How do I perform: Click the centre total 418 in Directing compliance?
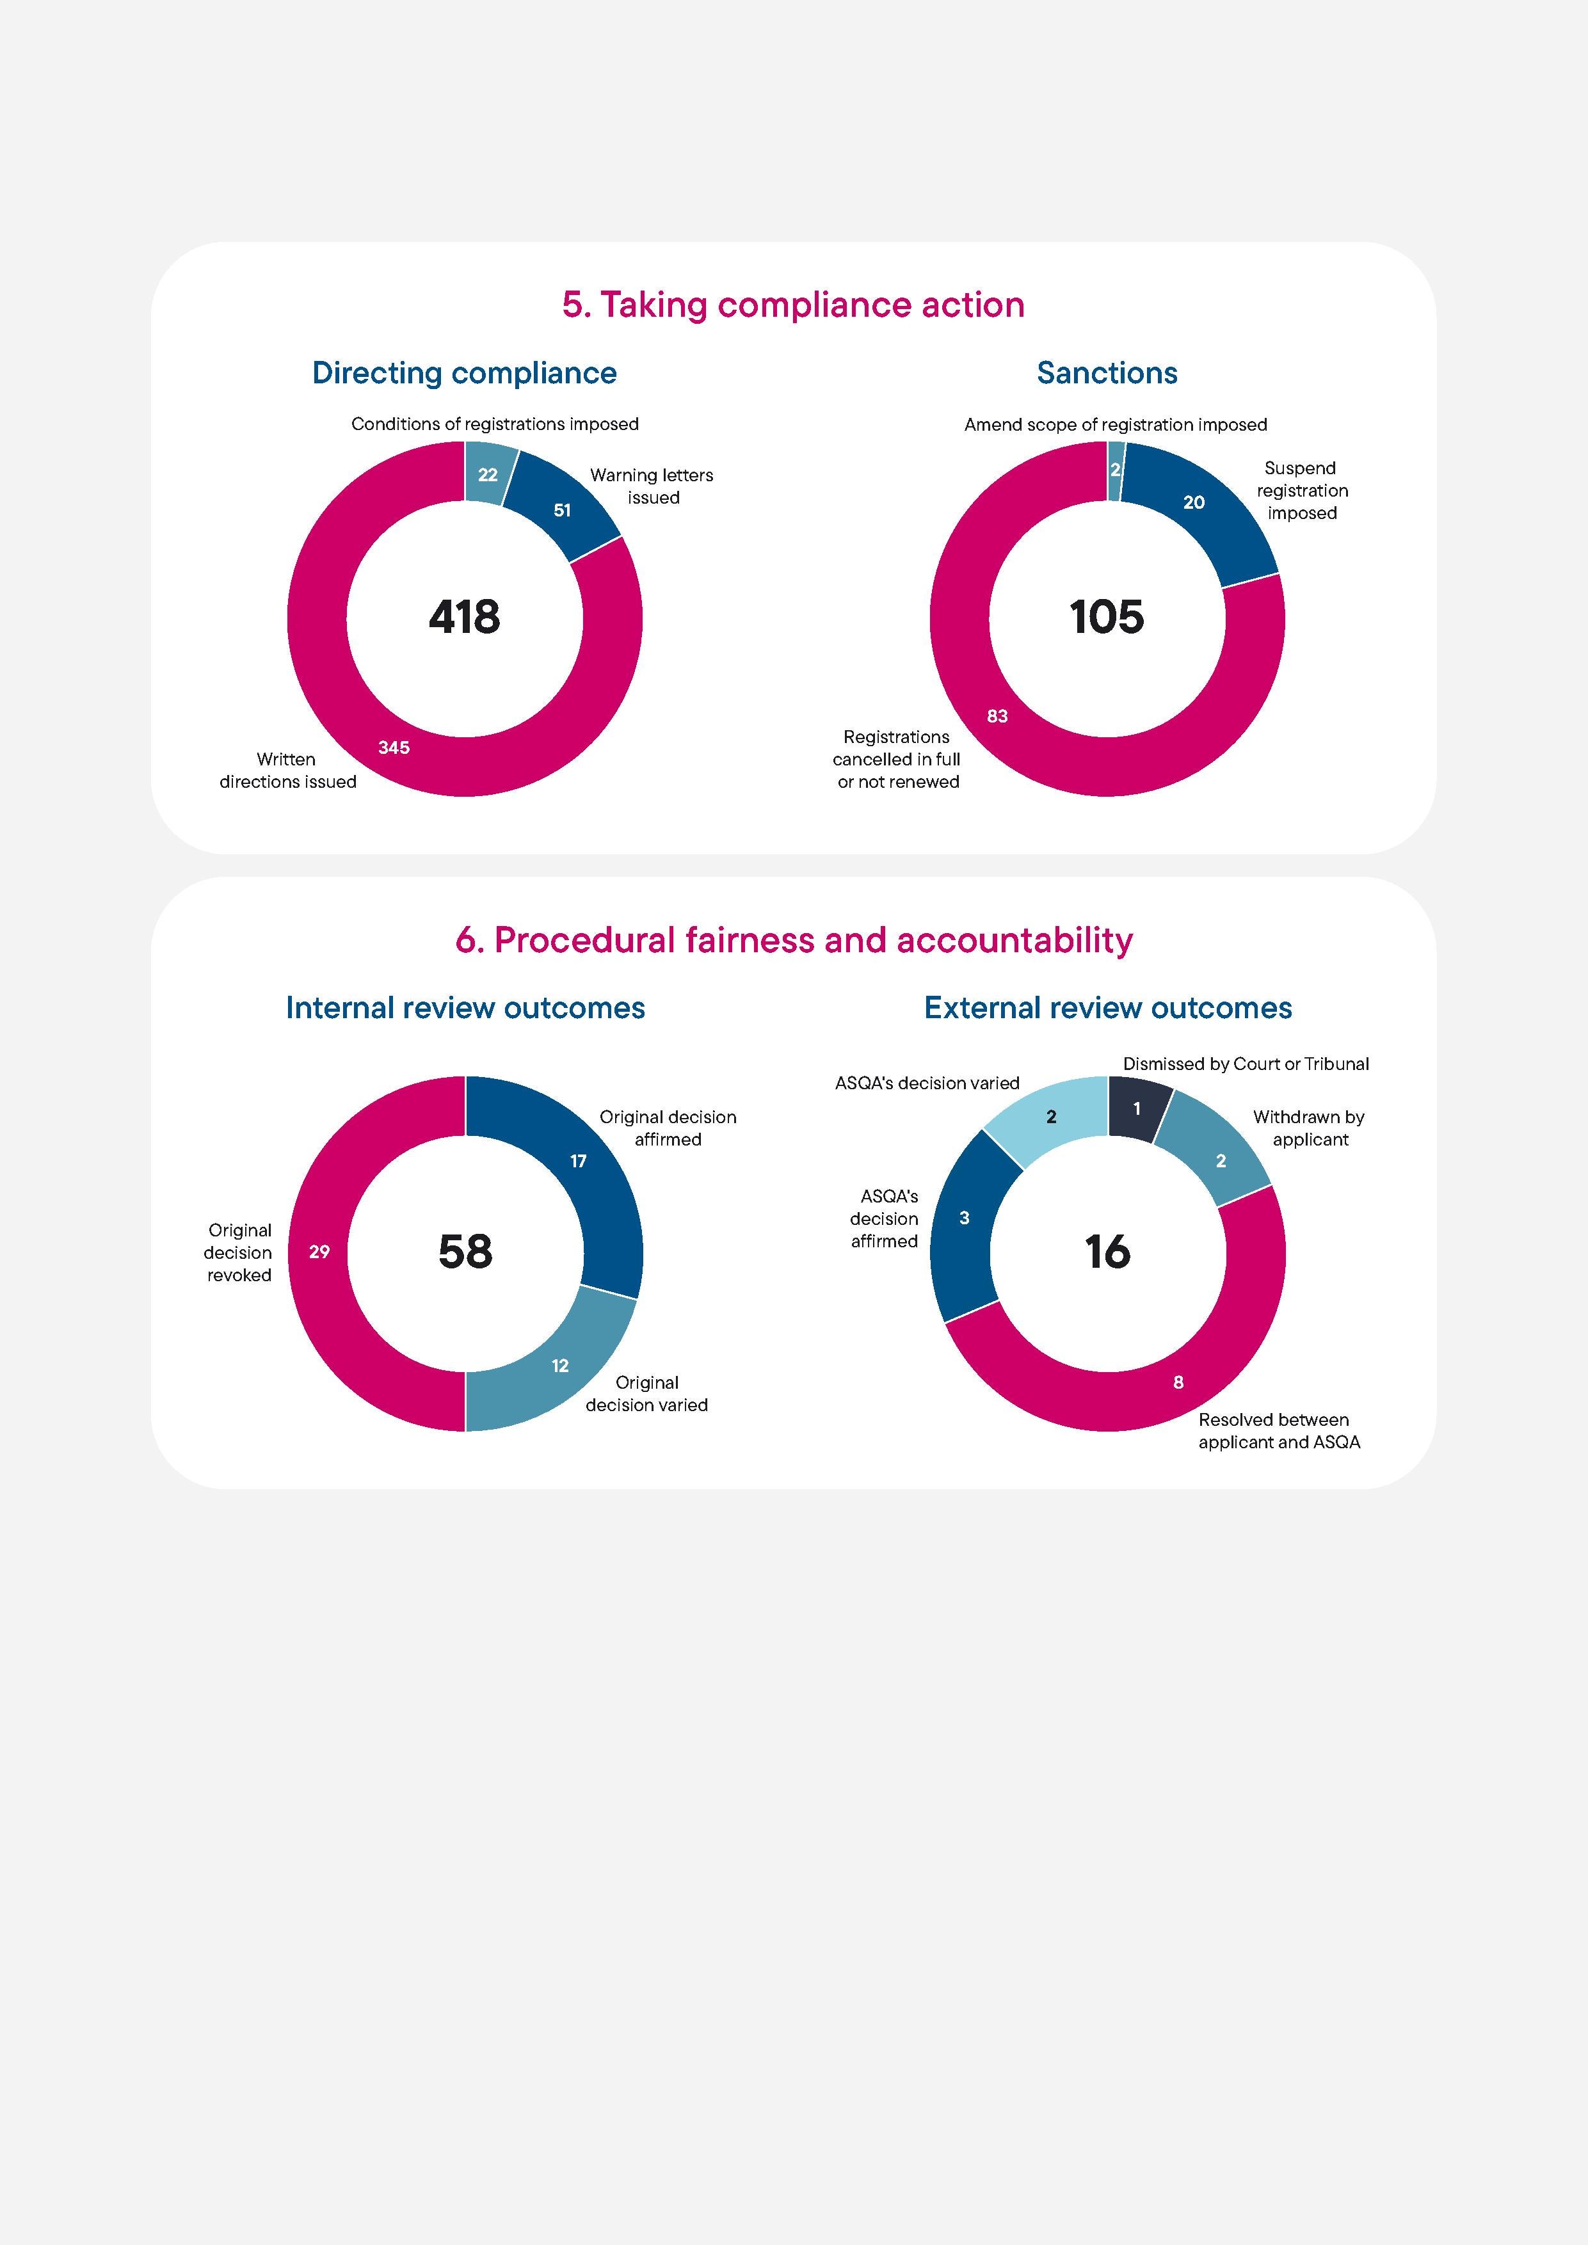[x=465, y=617]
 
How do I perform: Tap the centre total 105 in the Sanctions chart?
[x=1107, y=617]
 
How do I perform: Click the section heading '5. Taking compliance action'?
[x=793, y=305]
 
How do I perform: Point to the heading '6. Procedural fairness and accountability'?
[x=794, y=939]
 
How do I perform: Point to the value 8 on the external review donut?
[x=1178, y=1382]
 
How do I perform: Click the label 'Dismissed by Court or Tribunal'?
[x=1246, y=1064]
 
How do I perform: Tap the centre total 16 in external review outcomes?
[x=1107, y=1252]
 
